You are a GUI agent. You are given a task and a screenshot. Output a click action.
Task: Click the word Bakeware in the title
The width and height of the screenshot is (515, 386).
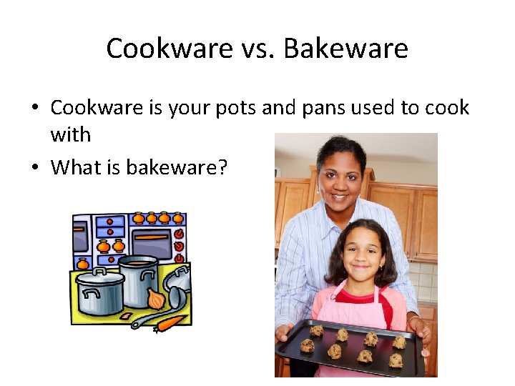(346, 49)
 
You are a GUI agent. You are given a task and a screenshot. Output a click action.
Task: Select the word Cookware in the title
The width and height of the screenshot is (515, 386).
(170, 49)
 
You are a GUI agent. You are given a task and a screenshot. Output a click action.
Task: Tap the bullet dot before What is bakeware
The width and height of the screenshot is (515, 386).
(35, 168)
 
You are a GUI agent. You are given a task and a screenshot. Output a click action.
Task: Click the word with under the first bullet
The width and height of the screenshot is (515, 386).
(70, 134)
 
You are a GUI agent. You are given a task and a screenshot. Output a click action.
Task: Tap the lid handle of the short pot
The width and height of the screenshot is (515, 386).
(101, 272)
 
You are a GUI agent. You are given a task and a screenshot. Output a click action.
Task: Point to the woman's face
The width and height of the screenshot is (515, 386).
(340, 175)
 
